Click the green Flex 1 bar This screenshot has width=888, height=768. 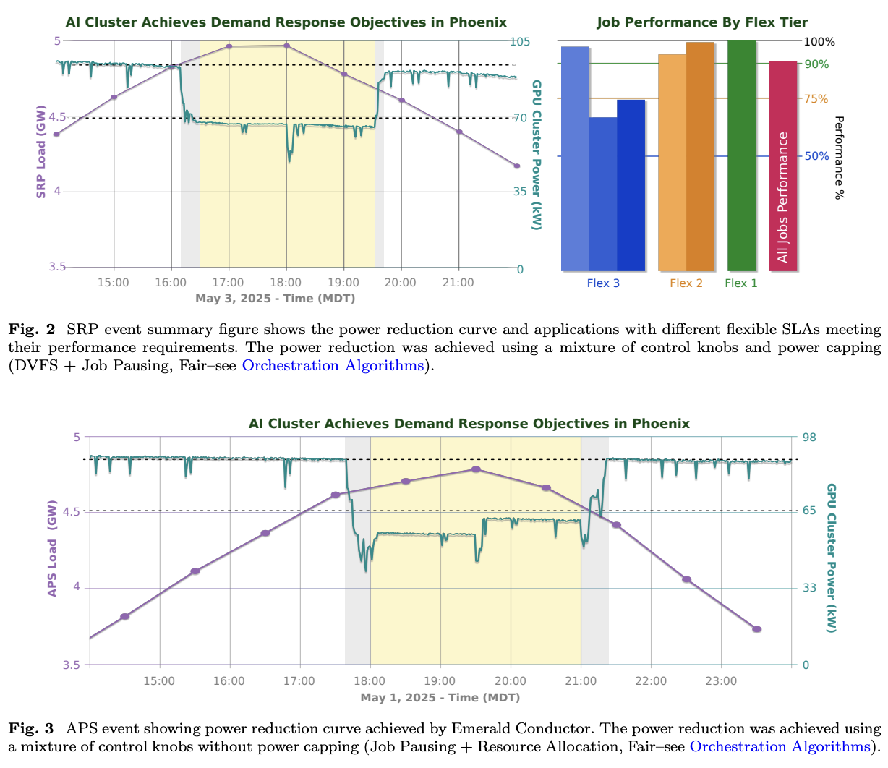741,155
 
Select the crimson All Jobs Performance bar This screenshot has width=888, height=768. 782,166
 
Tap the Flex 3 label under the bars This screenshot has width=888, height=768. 603,283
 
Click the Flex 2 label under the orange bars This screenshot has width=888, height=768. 686,283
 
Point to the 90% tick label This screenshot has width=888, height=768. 816,64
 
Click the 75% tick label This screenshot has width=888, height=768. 816,99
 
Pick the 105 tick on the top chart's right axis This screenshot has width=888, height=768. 520,41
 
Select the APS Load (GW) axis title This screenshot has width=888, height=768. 52,551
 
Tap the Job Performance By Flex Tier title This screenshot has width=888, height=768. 702,22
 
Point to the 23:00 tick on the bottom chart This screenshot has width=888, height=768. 721,681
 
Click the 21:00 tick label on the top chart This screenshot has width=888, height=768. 458,283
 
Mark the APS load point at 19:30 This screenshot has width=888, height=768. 476,469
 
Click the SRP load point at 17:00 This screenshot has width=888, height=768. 229,46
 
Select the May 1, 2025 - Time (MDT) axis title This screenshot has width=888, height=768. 440,698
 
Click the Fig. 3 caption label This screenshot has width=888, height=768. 33,728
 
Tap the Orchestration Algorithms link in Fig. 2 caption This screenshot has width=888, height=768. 333,365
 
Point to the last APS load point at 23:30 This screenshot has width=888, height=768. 756,629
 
